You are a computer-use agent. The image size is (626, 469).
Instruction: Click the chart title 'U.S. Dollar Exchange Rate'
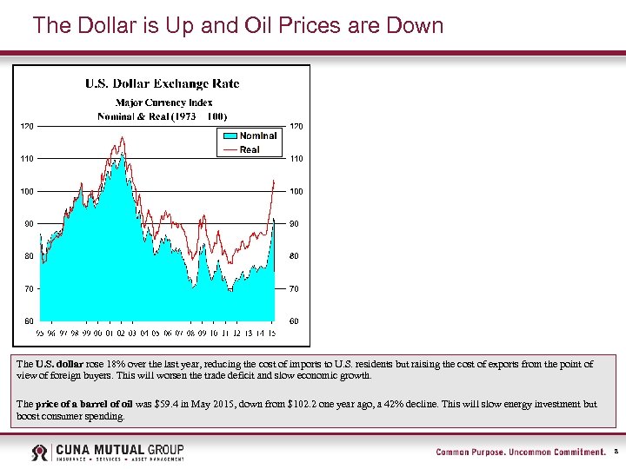click(162, 84)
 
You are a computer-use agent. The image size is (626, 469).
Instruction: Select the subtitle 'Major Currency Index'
click(163, 102)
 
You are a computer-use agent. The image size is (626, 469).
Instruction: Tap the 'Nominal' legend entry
click(257, 135)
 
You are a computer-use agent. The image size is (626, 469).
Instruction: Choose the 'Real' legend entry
click(250, 149)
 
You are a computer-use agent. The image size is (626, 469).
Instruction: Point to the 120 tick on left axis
click(28, 127)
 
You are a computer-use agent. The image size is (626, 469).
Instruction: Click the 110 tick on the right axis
click(296, 159)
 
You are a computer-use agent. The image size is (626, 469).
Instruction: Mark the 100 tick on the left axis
click(28, 191)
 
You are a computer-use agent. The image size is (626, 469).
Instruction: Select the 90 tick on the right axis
click(294, 224)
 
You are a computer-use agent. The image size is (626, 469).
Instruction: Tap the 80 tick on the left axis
click(29, 256)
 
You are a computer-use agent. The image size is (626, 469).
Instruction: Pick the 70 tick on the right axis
click(294, 288)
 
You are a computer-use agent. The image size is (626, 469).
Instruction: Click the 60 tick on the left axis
click(29, 321)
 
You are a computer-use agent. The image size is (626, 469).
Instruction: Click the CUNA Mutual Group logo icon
click(41, 452)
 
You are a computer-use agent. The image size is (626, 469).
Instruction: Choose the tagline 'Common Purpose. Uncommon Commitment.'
click(520, 452)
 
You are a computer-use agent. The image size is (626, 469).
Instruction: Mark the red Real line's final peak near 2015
click(275, 181)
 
